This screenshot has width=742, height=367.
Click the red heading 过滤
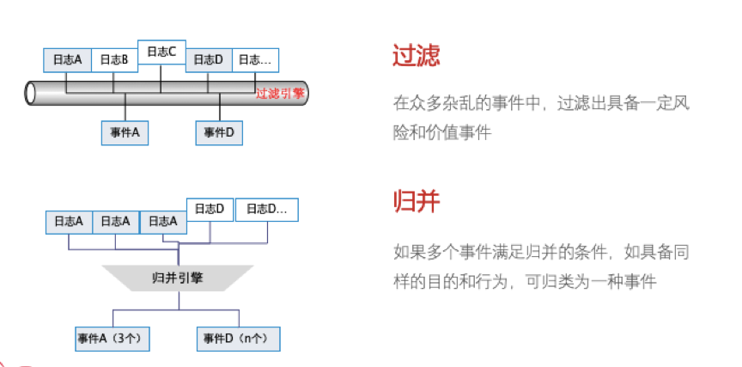click(x=416, y=57)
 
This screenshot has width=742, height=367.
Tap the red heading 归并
click(x=416, y=203)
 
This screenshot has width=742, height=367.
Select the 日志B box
click(x=113, y=60)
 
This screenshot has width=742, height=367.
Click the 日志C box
click(x=161, y=52)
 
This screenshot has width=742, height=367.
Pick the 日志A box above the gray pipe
click(x=67, y=60)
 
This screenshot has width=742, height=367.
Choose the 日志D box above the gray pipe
click(x=208, y=60)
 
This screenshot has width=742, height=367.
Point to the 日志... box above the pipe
click(x=255, y=60)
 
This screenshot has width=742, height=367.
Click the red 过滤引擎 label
click(x=280, y=93)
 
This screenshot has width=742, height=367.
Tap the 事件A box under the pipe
click(x=125, y=133)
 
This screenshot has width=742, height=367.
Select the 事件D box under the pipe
click(x=220, y=133)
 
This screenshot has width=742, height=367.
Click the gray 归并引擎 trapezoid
click(x=177, y=277)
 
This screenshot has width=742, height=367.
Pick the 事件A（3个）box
click(x=113, y=339)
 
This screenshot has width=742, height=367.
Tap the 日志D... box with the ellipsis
click(x=267, y=209)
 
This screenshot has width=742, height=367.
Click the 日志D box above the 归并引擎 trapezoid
click(x=210, y=209)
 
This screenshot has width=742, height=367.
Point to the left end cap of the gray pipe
click(x=32, y=92)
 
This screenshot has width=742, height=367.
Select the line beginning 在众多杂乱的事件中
click(x=541, y=104)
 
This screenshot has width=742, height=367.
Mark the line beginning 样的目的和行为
click(x=524, y=281)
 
